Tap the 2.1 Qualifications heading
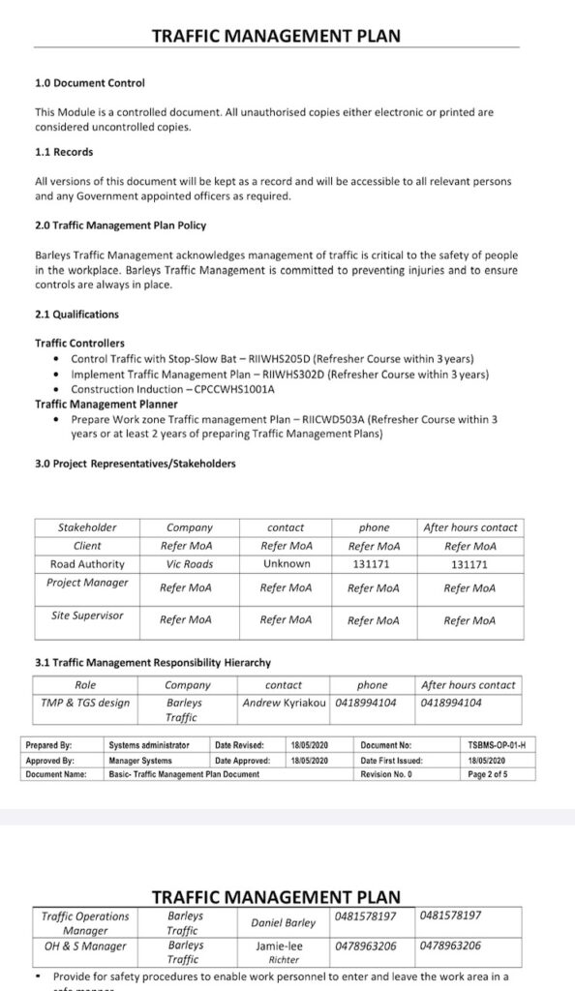coord(77,315)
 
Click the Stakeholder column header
coord(87,527)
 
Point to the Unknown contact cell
coord(287,564)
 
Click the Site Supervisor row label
coord(87,616)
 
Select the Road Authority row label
coord(87,564)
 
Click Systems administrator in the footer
coord(149,746)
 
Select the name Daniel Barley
coord(284,923)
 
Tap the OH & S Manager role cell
coord(85,946)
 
